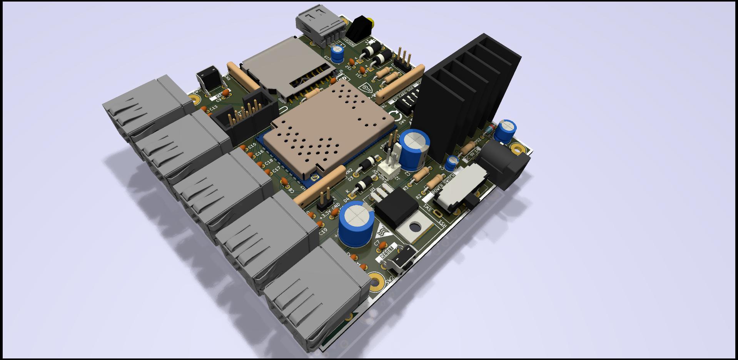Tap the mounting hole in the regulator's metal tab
[x=415, y=227]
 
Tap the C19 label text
[x=323, y=232]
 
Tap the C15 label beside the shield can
[x=252, y=146]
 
